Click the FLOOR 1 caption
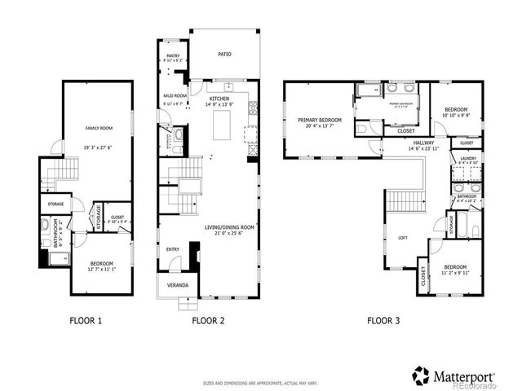pos(85,321)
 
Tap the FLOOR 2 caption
pos(208,321)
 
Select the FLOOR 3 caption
pos(383,321)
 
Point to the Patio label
pos(224,55)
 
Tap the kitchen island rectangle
pos(223,125)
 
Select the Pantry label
pos(172,56)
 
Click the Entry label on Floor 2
pos(173,249)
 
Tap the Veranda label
pos(178,285)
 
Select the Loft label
pos(402,238)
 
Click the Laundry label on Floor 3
pos(468,158)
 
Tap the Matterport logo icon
pos(420,376)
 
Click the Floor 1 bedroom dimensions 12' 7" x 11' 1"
pos(101,269)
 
